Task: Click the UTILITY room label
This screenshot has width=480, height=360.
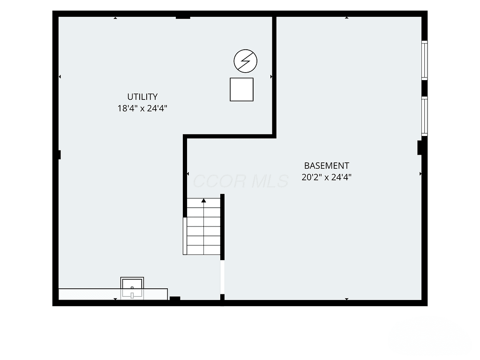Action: tap(142, 97)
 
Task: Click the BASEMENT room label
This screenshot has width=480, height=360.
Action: tap(326, 165)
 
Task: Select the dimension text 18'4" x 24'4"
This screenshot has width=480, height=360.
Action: tap(142, 108)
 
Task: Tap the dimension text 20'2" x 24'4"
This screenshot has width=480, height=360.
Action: tap(326, 177)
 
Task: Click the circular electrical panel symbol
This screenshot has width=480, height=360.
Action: tap(246, 61)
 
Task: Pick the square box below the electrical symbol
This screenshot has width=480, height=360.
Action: tap(241, 90)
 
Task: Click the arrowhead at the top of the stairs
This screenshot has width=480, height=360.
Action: tap(203, 201)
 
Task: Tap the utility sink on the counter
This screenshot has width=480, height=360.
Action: tap(132, 288)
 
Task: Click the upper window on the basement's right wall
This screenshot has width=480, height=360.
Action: tap(425, 60)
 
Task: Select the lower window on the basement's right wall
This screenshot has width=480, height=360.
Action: tap(425, 116)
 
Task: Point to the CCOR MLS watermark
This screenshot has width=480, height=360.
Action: tap(240, 181)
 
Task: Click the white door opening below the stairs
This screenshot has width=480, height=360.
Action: tap(223, 277)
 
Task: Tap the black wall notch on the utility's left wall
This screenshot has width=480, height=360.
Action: tap(60, 155)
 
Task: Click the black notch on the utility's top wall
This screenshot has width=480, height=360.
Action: tap(183, 18)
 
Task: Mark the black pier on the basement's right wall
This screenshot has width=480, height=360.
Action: tap(420, 148)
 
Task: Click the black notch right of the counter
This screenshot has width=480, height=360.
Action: tap(175, 299)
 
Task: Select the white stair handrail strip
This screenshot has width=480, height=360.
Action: tap(185, 236)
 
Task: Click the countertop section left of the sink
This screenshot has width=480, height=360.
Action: tap(90, 294)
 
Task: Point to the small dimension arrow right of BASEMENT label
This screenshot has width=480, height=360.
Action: tap(420, 174)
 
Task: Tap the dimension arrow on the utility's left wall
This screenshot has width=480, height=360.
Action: tap(60, 76)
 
